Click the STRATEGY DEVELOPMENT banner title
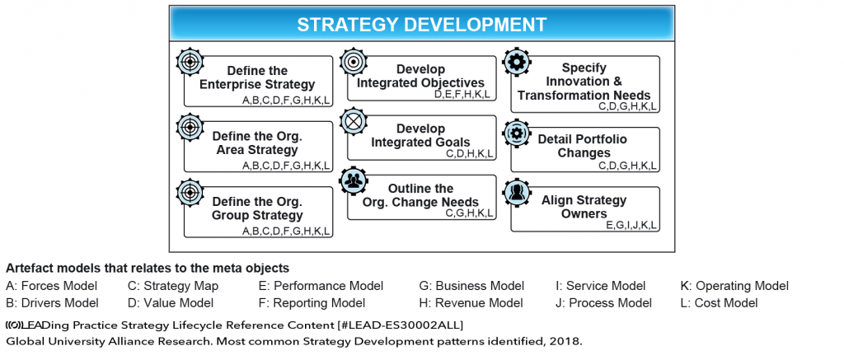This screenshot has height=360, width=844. coord(421,24)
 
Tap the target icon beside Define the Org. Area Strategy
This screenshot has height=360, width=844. coord(190,126)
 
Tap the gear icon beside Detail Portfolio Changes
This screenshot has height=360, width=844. coord(517,133)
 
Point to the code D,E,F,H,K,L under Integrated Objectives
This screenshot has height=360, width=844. coord(462,94)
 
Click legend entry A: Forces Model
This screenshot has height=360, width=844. coord(51,286)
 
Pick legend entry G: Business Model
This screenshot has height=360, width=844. coord(471,286)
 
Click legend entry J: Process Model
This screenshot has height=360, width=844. coord(603,302)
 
